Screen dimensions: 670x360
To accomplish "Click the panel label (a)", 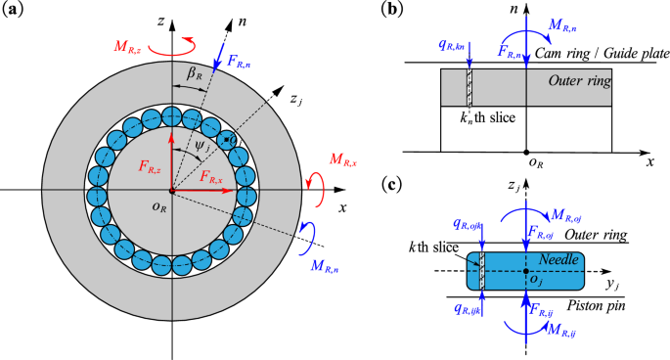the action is click(x=13, y=10).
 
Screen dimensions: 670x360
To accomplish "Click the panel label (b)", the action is click(x=392, y=10).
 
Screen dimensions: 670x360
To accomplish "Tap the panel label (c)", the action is click(x=391, y=185).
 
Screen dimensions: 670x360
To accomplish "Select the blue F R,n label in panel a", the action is click(x=239, y=62).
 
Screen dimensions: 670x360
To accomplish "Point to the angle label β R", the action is click(x=195, y=73).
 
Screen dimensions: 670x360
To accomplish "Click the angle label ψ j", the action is click(x=203, y=147).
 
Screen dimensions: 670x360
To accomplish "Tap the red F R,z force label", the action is click(x=150, y=166).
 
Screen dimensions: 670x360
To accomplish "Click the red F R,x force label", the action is click(x=211, y=176).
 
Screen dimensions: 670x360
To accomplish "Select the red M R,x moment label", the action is click(x=343, y=159).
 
